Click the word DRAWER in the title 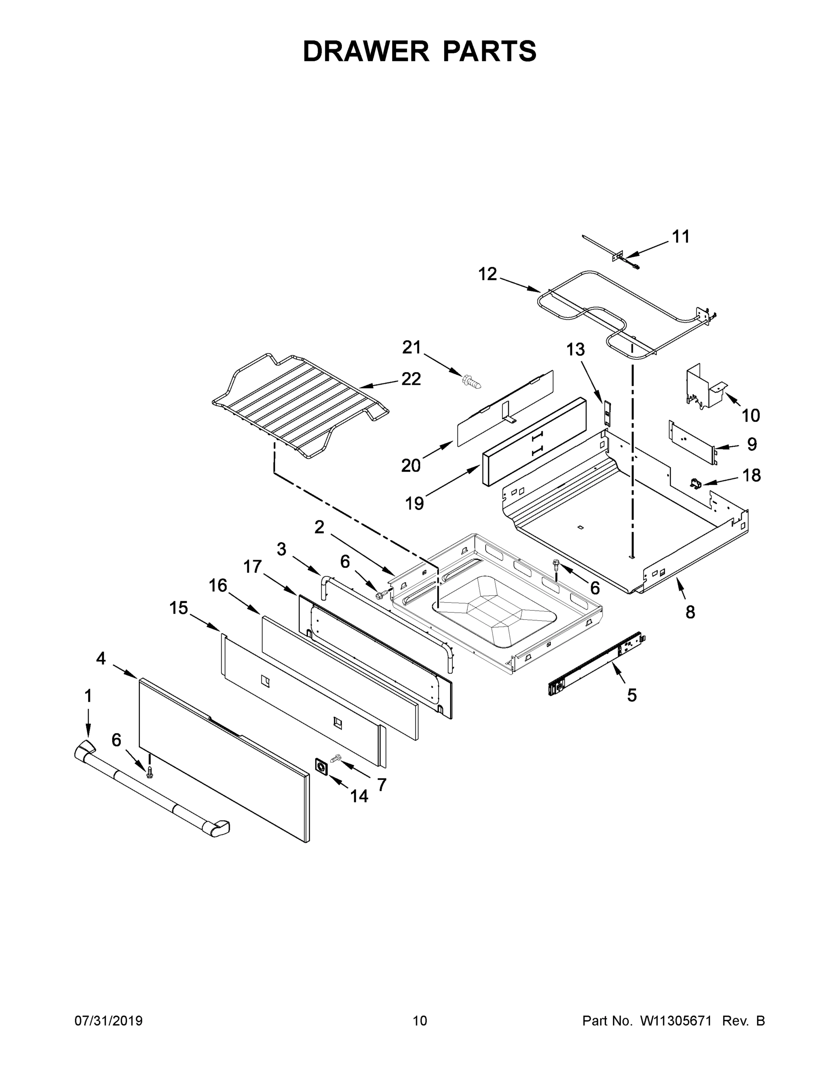(366, 52)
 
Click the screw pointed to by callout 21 (472, 383)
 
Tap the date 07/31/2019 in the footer (109, 1021)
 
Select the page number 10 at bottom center (420, 1021)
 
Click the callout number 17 (252, 566)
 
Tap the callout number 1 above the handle (88, 696)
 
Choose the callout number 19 (414, 503)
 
